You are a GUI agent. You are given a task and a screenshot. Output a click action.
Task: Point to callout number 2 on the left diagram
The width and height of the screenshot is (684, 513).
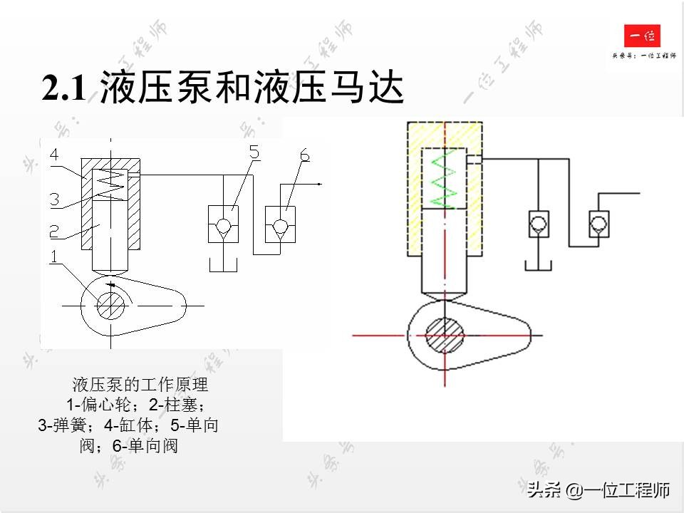coord(54,231)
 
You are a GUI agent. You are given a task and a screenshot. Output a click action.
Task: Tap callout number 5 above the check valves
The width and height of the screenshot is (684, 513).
coord(255,152)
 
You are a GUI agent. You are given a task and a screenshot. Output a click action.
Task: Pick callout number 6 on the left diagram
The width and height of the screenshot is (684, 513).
coord(304,155)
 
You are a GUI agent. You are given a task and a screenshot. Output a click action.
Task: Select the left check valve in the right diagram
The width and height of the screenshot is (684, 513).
coord(538,224)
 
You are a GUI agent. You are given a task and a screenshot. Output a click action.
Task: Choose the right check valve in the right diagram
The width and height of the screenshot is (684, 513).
coord(598,224)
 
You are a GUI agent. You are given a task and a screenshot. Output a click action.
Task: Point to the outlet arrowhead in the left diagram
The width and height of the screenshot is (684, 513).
coord(320,184)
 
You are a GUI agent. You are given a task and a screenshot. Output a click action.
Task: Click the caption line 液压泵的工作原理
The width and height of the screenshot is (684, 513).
coord(140,385)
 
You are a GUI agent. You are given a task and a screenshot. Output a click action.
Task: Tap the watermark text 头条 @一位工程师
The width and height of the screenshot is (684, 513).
coord(598,490)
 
